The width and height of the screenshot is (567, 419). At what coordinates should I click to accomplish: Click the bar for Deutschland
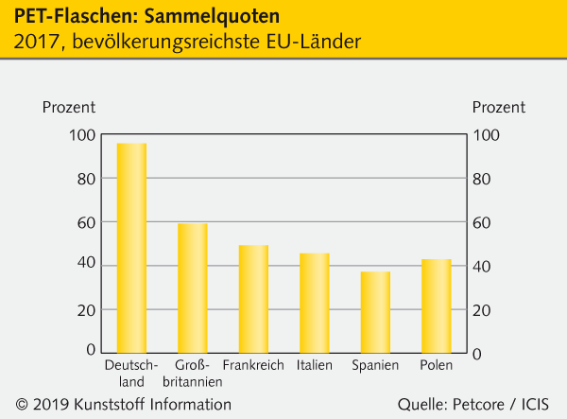(x=131, y=248)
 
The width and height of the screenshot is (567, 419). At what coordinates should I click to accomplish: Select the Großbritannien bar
(x=193, y=288)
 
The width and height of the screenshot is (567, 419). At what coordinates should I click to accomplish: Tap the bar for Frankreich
(x=253, y=299)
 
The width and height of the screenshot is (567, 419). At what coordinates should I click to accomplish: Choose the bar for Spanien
(x=375, y=312)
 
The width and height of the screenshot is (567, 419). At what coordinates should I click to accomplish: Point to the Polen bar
(x=436, y=306)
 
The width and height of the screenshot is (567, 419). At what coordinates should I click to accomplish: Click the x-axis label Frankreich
(x=253, y=365)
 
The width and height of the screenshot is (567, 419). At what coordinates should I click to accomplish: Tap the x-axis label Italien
(x=315, y=365)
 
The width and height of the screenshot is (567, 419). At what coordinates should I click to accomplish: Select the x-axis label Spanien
(x=375, y=365)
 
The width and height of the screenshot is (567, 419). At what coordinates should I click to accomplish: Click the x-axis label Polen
(x=437, y=365)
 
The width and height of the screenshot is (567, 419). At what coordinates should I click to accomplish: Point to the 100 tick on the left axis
(x=82, y=135)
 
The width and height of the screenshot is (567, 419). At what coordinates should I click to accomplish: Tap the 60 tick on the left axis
(x=86, y=222)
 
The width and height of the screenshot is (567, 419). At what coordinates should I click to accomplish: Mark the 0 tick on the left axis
(x=91, y=351)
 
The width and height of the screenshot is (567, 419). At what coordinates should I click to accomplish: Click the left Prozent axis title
(x=69, y=107)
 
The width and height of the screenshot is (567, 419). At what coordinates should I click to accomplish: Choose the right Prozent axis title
(x=498, y=107)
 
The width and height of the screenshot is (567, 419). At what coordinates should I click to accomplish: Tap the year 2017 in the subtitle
(x=34, y=43)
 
